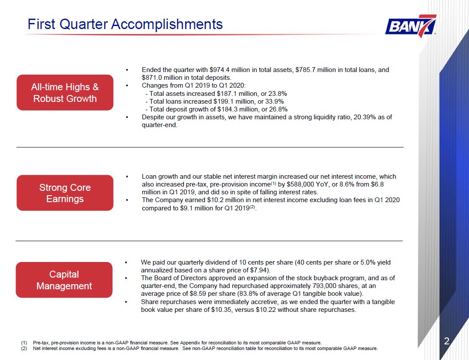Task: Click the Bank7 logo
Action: click(410, 26)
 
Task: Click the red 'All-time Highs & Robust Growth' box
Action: click(65, 92)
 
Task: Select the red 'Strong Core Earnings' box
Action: click(65, 193)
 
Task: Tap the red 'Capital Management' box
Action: click(64, 280)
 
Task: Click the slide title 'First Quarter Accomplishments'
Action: click(125, 24)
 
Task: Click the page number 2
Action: click(446, 341)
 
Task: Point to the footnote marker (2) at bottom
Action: click(24, 348)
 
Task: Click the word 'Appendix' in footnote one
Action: click(188, 343)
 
